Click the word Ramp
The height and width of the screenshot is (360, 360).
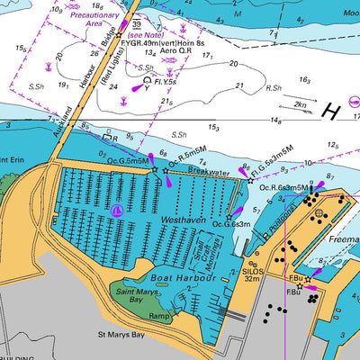click(159, 317)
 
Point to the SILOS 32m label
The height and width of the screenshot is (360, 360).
click(251, 274)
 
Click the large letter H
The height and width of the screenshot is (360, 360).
click(331, 112)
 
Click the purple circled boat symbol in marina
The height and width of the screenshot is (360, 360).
click(117, 210)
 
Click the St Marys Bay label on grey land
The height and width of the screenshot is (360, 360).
click(121, 335)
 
